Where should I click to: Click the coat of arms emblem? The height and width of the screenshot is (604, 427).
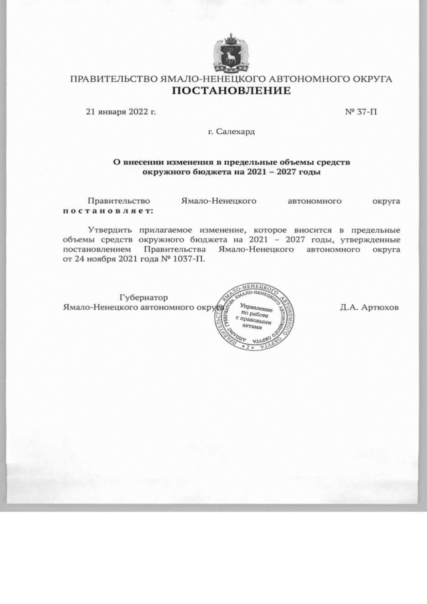coord(231,53)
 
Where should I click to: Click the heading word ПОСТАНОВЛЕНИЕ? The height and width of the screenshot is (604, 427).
coord(231,91)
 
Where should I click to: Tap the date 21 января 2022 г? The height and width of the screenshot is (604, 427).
coord(121,111)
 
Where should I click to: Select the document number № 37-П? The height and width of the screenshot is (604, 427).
coord(361,111)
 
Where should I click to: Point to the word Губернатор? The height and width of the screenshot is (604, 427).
coord(143,297)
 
